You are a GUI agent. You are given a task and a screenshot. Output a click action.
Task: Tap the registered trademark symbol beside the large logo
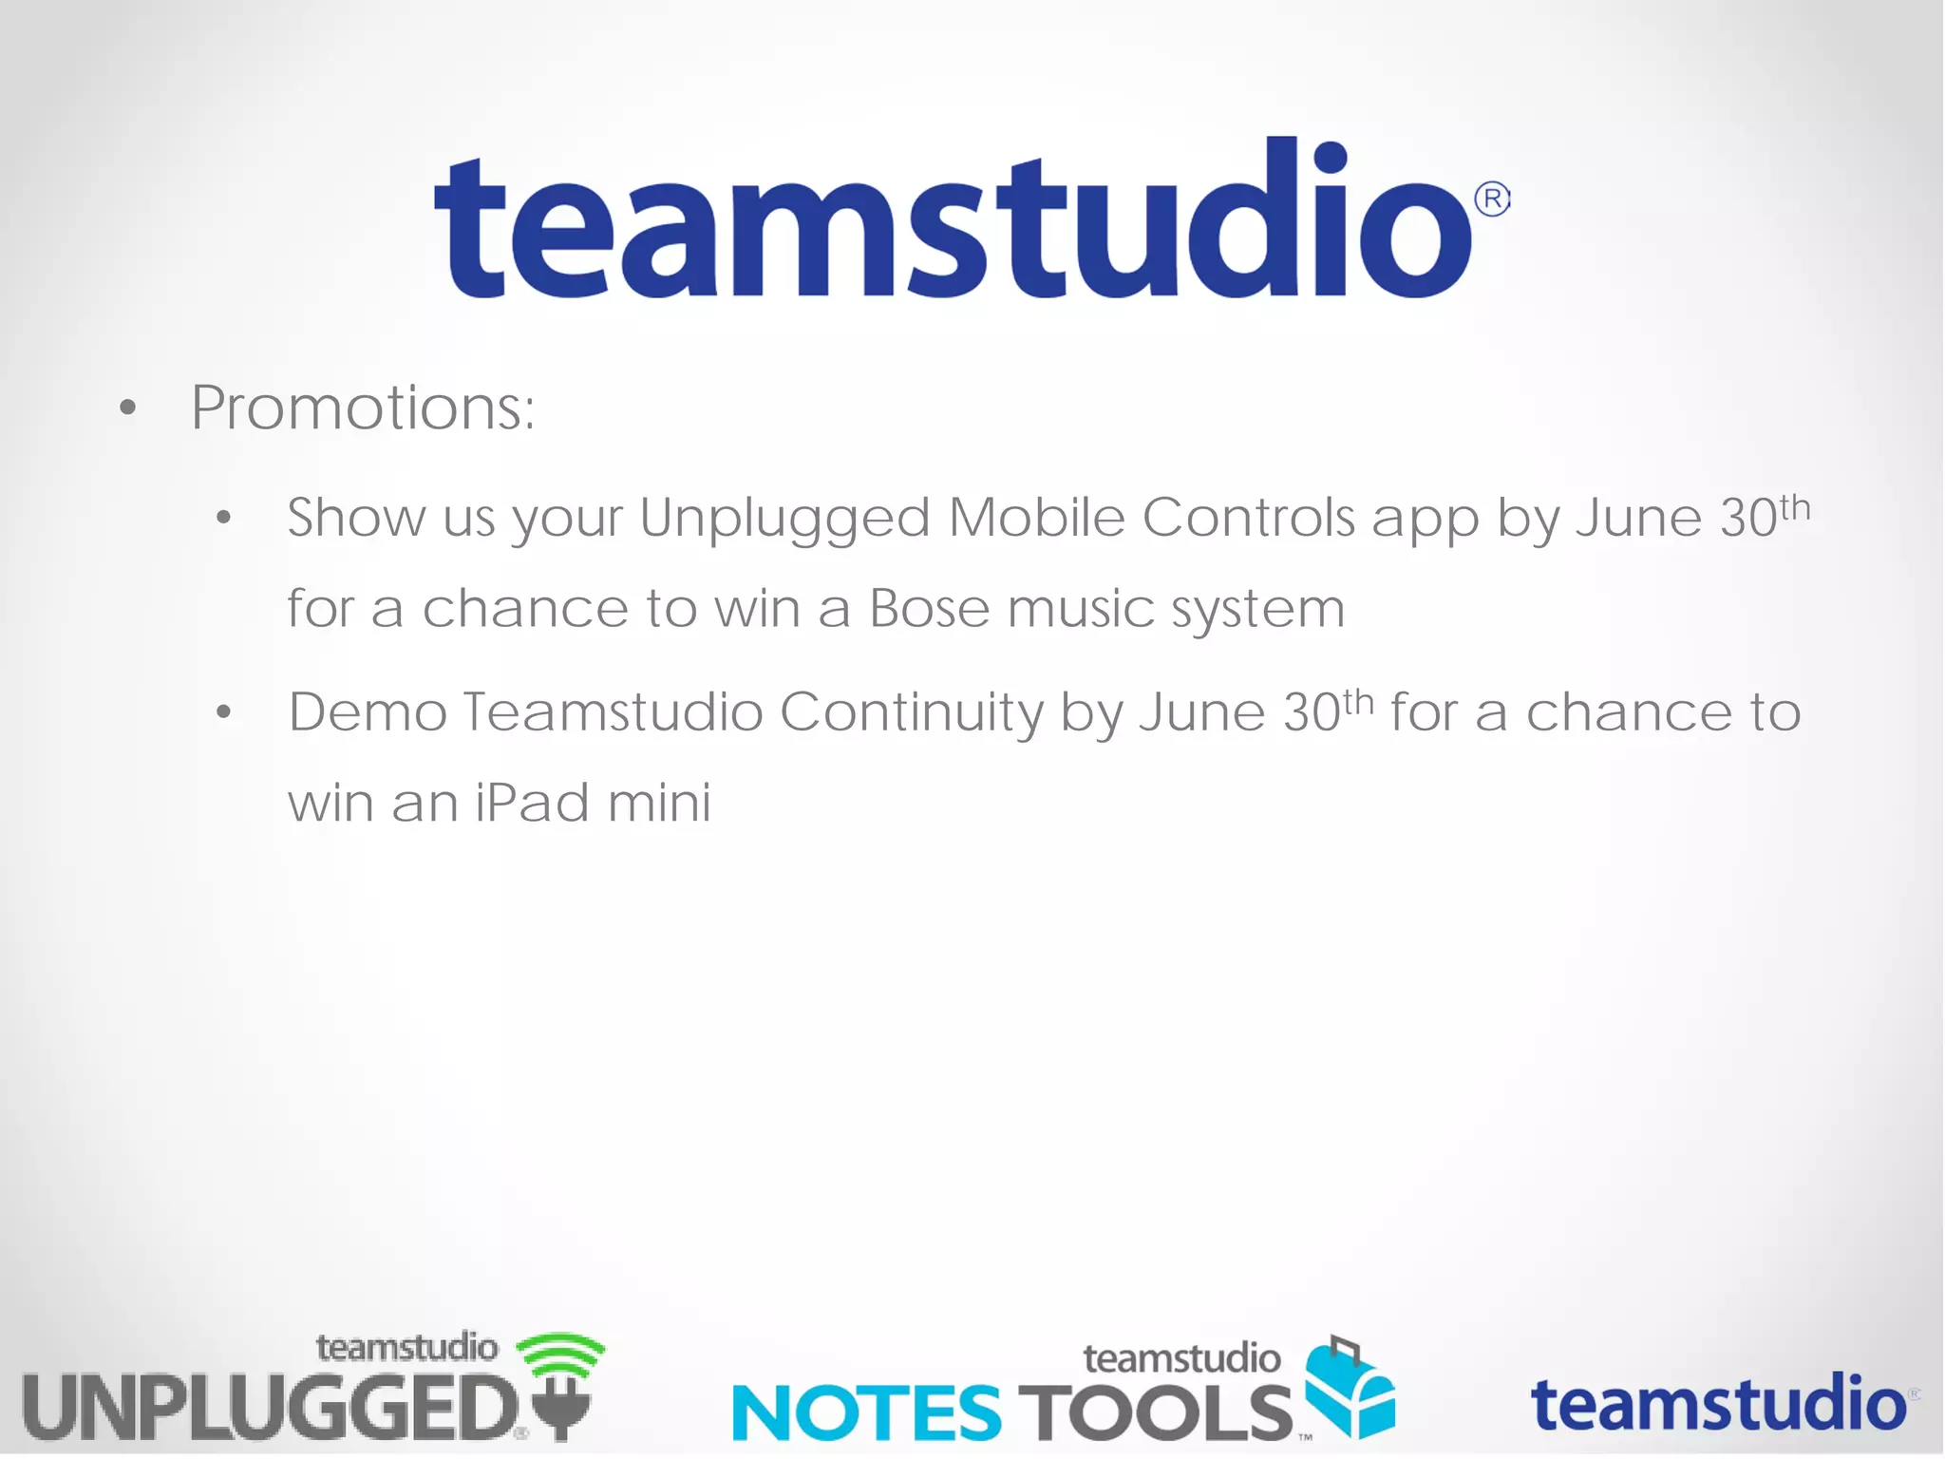pos(1492,199)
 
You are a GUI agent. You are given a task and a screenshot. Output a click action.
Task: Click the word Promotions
pos(363,408)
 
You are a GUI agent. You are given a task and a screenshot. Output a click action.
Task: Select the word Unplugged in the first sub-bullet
pos(784,519)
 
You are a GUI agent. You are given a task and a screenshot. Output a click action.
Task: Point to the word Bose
pos(929,608)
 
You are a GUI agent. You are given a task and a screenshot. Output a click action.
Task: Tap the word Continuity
pos(910,712)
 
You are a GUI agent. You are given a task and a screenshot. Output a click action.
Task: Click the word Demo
pos(368,712)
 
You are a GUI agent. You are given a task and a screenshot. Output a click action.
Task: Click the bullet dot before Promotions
pos(128,409)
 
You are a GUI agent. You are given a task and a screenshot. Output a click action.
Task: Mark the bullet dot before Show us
pos(224,519)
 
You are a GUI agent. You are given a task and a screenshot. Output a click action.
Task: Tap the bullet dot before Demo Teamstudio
pos(224,712)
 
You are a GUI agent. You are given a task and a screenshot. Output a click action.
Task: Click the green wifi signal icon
pos(560,1353)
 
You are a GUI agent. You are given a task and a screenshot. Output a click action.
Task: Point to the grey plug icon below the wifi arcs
pos(562,1410)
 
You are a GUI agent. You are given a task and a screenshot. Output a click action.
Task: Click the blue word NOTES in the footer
pos(866,1412)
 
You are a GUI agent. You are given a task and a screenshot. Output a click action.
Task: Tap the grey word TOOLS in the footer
pos(1155,1412)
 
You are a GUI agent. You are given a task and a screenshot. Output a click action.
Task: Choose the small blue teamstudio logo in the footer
pos(1719,1404)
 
